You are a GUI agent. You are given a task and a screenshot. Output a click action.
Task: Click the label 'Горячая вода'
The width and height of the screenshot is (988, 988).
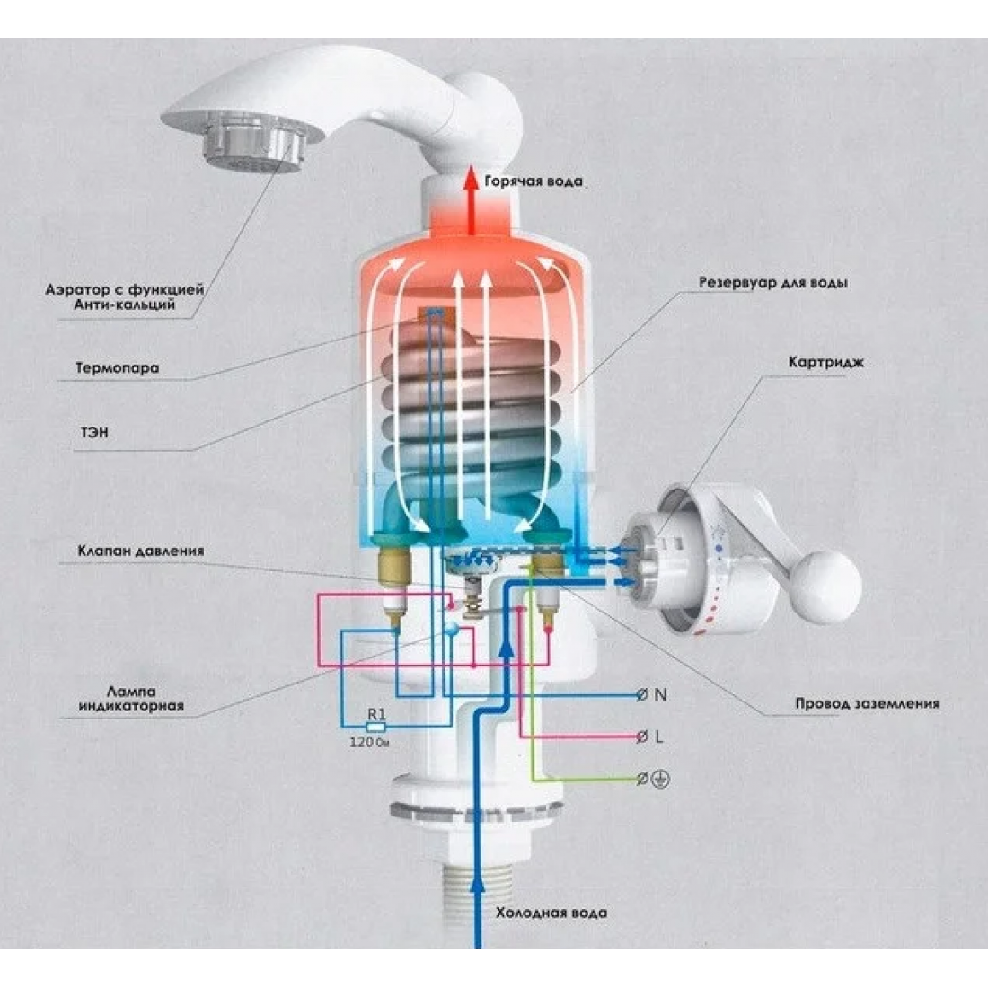click(x=534, y=182)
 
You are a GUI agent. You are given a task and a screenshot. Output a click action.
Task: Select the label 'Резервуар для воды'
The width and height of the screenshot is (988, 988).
click(x=772, y=283)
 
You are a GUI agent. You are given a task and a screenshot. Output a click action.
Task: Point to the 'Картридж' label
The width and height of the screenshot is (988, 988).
click(x=826, y=363)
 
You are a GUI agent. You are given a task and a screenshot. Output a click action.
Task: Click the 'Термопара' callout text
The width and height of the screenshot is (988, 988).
click(x=118, y=367)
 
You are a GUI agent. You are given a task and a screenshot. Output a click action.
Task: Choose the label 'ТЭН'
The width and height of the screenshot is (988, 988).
click(x=94, y=432)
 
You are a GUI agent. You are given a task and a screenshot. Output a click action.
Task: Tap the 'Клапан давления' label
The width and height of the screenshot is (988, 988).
click(x=141, y=551)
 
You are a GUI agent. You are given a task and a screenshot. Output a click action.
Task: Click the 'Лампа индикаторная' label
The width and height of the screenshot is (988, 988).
click(x=131, y=699)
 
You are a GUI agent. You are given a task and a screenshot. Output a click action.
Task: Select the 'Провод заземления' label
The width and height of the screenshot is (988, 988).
click(x=867, y=704)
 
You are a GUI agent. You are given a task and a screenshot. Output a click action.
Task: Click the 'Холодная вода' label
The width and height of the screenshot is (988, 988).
click(x=551, y=913)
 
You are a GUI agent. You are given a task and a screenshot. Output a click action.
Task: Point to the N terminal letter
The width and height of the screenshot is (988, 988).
click(x=660, y=694)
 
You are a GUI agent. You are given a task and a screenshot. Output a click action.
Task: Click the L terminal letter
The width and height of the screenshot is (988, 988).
click(x=659, y=736)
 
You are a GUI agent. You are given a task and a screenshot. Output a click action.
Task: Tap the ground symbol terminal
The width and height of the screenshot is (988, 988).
click(x=661, y=780)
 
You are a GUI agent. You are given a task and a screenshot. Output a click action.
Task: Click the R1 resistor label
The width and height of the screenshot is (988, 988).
click(x=376, y=715)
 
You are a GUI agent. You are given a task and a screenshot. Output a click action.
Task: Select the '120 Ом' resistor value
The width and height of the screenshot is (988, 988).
click(x=370, y=742)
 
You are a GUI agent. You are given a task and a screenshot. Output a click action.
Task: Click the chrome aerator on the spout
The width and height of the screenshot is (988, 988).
click(x=255, y=143)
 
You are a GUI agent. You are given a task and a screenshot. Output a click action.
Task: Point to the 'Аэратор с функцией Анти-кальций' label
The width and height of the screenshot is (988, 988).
click(x=125, y=297)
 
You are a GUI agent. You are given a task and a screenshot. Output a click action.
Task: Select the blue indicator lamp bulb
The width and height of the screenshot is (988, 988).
click(x=451, y=628)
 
